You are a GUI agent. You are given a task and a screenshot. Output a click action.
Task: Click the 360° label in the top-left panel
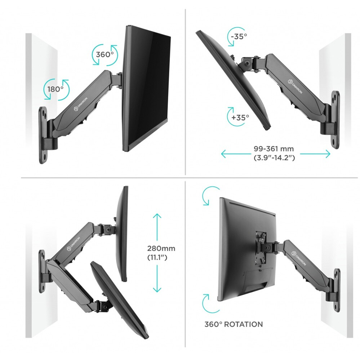105,55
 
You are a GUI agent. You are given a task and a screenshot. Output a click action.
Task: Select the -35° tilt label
239,36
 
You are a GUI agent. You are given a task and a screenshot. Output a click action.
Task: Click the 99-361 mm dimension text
275,149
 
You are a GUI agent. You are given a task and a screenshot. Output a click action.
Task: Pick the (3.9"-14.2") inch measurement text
275,157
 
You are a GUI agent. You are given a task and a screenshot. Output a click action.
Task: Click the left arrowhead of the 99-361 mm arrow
223,154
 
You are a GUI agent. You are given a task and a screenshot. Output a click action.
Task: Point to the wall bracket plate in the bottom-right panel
337,290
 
